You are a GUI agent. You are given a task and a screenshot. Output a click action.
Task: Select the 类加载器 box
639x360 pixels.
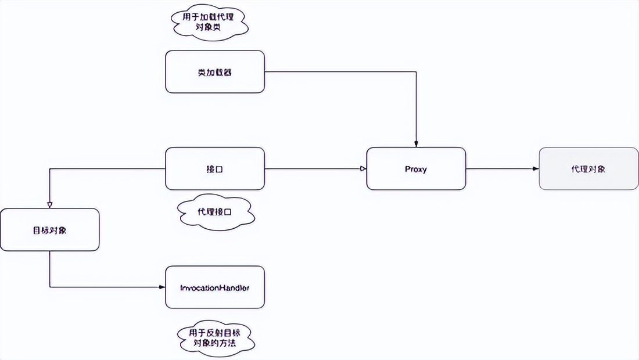215,71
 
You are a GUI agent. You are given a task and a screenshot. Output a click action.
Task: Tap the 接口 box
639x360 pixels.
215,168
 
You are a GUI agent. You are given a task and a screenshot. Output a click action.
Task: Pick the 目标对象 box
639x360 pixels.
49,230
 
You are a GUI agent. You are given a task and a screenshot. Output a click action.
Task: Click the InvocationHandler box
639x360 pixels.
215,287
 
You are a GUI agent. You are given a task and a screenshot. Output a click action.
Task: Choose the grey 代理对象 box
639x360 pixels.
588,168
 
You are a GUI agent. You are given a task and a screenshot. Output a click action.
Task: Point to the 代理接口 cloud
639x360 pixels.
214,212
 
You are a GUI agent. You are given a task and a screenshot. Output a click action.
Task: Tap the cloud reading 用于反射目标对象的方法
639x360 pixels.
215,338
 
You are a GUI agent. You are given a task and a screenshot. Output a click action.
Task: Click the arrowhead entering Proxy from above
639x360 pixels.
416,144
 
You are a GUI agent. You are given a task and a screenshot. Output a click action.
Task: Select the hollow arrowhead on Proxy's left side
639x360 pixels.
363,168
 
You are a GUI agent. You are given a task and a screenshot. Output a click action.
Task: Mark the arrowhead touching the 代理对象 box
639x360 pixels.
536,168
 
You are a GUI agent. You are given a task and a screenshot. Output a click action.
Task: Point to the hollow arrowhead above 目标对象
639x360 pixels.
49,206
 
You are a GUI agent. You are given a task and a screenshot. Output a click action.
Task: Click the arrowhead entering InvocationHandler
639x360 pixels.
162,287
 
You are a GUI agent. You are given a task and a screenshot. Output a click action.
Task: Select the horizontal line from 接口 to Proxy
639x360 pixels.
314,168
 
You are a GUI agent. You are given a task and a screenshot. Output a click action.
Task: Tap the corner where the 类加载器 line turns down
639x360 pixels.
416,71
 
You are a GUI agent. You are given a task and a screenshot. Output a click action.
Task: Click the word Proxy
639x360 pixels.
416,169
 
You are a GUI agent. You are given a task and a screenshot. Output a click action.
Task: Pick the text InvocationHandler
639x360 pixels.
215,287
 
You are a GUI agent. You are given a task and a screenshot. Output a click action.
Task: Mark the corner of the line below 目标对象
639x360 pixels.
49,287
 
